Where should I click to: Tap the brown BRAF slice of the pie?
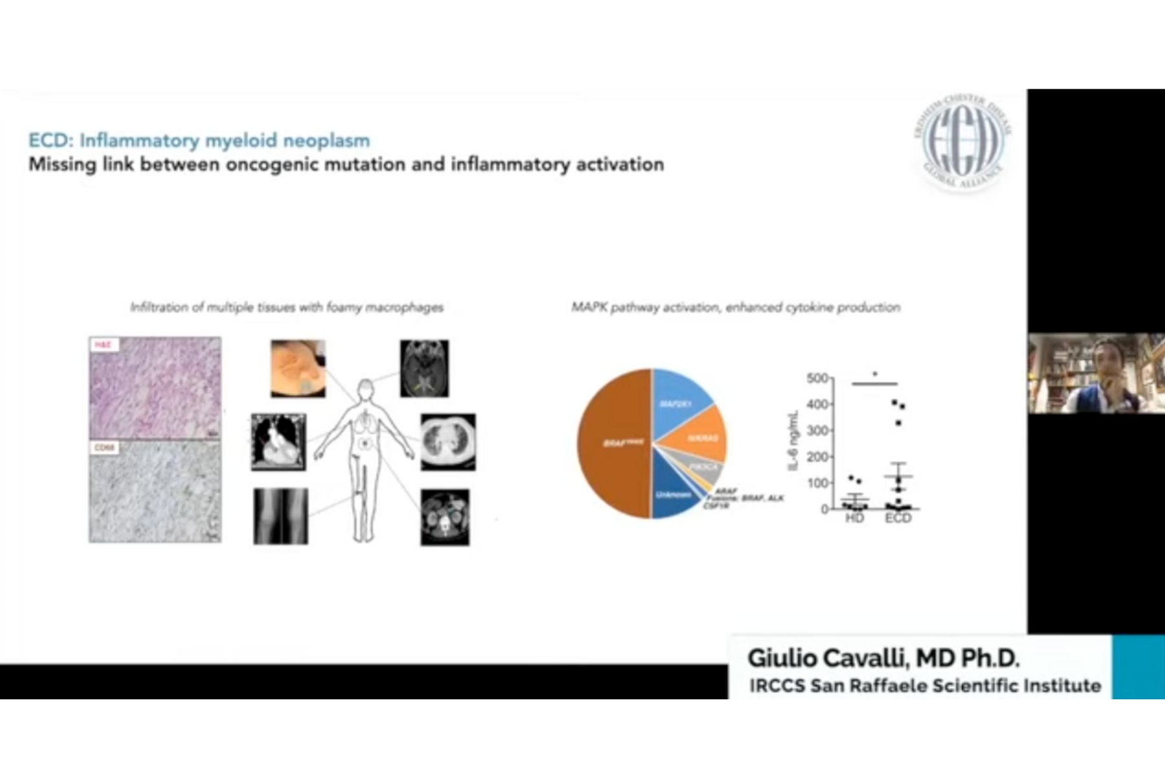coord(615,444)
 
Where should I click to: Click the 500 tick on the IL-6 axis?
coord(817,378)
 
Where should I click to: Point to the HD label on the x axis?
coord(854,519)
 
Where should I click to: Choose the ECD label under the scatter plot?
coord(898,519)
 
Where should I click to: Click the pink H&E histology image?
coord(155,388)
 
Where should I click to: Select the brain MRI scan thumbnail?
coord(424,368)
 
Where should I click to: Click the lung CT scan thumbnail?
coord(448,442)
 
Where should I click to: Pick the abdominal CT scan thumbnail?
coord(445,517)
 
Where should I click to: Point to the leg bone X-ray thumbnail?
coord(280,516)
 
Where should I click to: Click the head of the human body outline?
coord(366,390)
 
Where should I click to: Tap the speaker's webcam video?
coord(1096,373)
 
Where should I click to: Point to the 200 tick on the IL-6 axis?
coord(817,457)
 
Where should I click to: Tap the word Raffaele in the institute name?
coord(888,686)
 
